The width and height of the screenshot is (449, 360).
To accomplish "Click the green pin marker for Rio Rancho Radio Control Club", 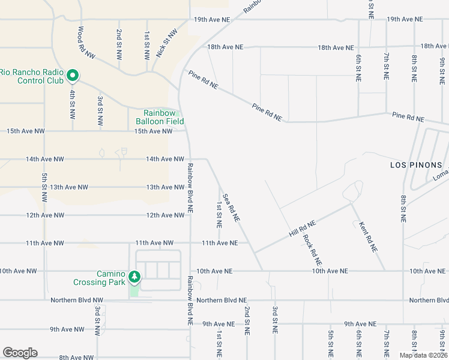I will point(73,75).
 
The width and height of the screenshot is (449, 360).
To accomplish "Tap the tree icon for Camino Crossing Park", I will point(136,277).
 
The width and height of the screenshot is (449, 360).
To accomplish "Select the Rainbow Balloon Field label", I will point(159,116).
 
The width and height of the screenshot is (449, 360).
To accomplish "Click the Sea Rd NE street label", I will point(231,208).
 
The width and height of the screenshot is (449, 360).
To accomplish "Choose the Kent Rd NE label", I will point(367,236).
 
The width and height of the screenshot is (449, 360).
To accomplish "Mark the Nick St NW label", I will point(167,43).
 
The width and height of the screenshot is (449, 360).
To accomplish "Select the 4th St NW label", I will point(71,105).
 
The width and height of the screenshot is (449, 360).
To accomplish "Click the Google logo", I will point(20,353).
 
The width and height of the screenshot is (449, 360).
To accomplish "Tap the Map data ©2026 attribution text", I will point(423,355).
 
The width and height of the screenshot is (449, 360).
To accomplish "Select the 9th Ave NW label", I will point(67,329).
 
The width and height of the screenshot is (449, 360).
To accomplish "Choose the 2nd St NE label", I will point(247,320).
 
